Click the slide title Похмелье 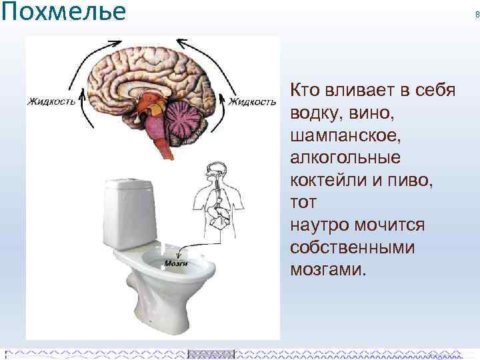(64, 11)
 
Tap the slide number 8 (477, 15)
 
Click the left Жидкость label (51, 102)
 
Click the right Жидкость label (252, 102)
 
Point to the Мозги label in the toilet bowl (175, 263)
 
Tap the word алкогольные (345, 158)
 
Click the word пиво (412, 181)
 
